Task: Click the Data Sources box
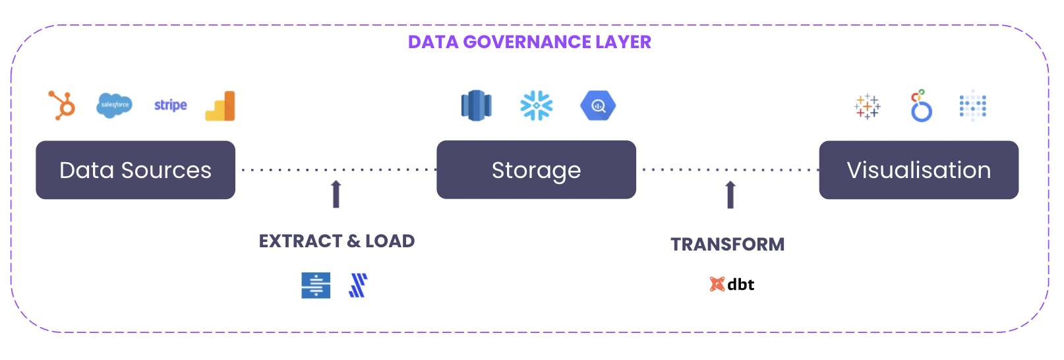(x=135, y=170)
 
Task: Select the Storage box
(x=536, y=170)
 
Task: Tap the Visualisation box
(x=918, y=170)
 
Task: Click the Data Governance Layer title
(x=529, y=42)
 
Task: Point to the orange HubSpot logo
(x=62, y=105)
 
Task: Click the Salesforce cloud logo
(x=115, y=105)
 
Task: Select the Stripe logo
(x=171, y=105)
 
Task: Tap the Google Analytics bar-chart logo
(x=221, y=106)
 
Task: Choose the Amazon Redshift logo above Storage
(x=476, y=105)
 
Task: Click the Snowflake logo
(x=537, y=105)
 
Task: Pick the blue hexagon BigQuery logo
(x=598, y=105)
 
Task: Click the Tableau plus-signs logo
(x=868, y=106)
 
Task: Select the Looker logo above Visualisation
(x=921, y=106)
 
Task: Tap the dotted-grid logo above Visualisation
(x=973, y=105)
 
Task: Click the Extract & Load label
(x=337, y=241)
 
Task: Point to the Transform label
(x=728, y=245)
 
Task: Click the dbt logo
(x=732, y=284)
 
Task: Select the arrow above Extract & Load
(x=336, y=194)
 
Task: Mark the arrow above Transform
(x=730, y=195)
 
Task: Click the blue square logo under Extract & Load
(x=316, y=285)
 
